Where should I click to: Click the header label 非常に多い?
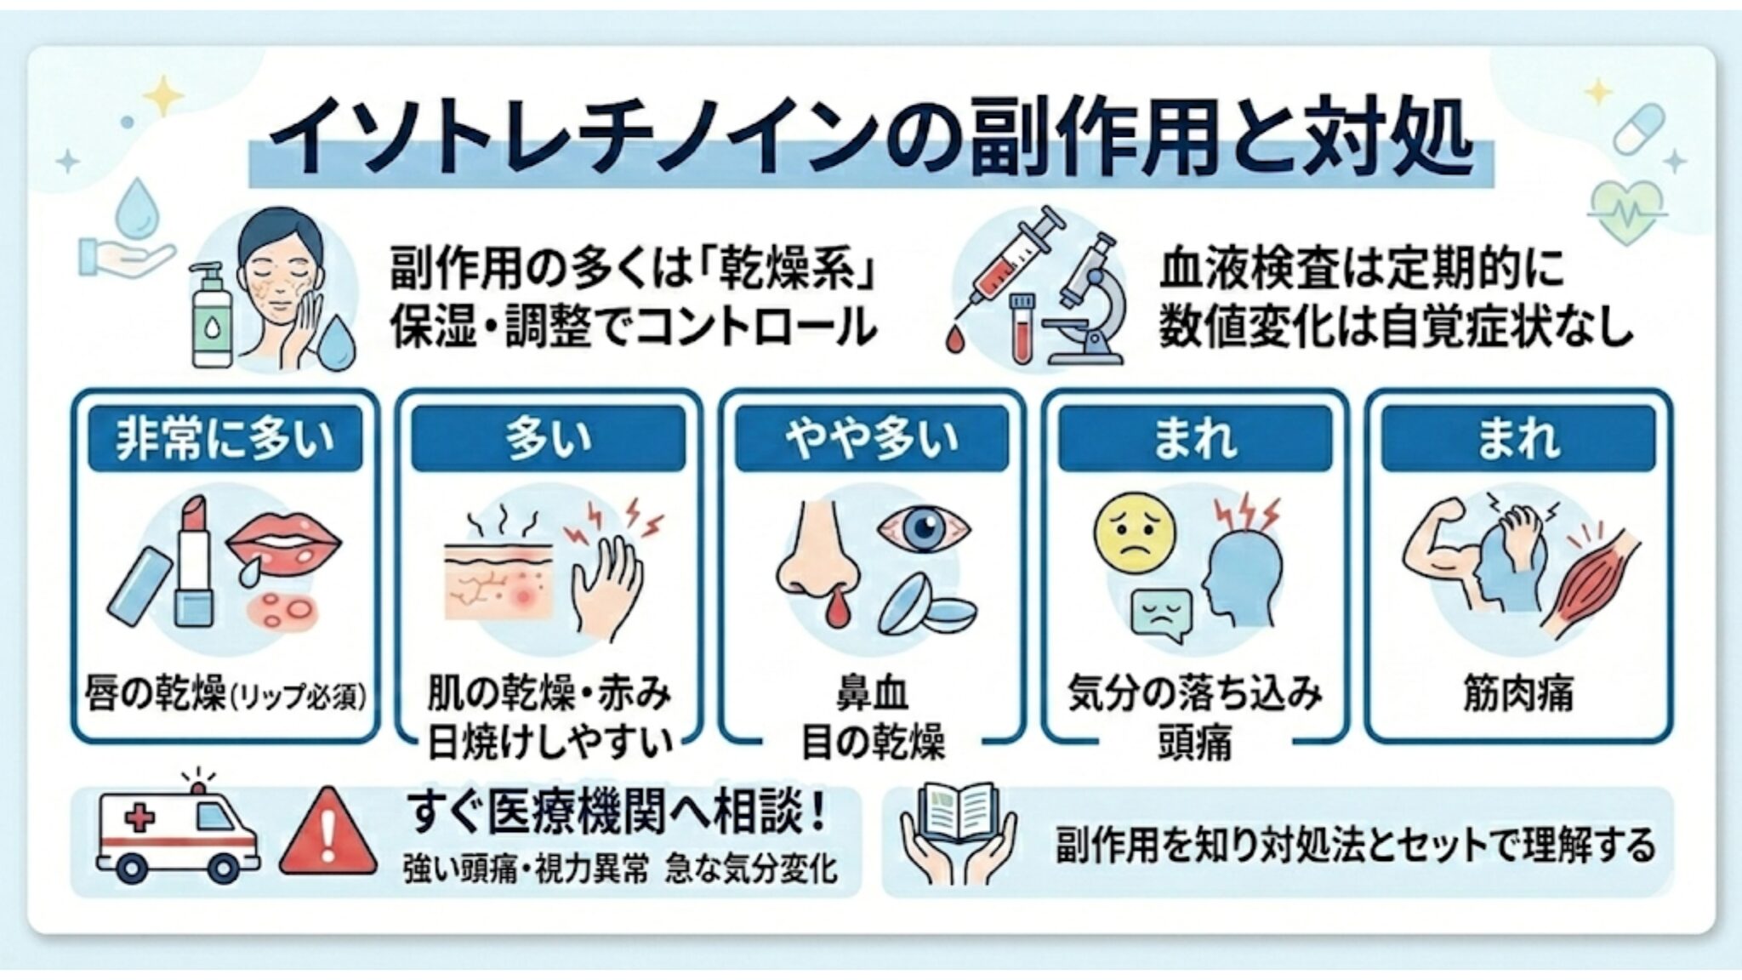pos(225,439)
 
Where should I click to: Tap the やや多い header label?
pos(871,439)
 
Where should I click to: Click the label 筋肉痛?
pos(1518,693)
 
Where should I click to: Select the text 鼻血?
pos(872,693)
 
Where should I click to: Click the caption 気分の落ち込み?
pos(1194,693)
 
